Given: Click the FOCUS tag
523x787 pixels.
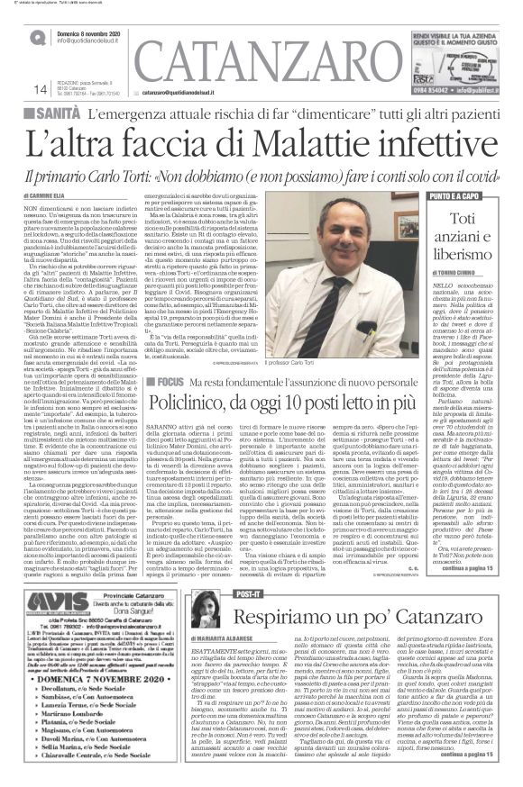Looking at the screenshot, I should tap(170, 380).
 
